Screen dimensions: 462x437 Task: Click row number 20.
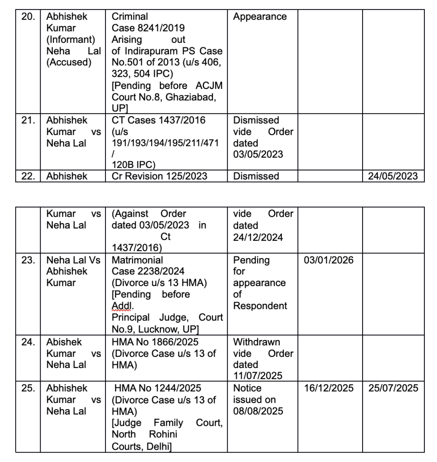[x=28, y=17]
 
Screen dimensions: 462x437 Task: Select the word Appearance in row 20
[x=260, y=17]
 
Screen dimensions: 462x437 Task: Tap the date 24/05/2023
[x=393, y=176]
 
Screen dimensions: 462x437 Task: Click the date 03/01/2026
[x=329, y=260]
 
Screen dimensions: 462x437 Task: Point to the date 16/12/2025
[x=329, y=388]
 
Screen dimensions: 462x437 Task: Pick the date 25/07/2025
[x=393, y=388]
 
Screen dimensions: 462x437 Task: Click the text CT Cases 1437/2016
[x=159, y=120]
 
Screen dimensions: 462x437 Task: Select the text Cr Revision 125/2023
[x=159, y=176]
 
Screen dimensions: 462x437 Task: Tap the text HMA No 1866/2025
[x=155, y=342]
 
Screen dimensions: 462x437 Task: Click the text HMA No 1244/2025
[x=157, y=388]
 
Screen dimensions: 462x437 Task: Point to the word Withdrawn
[x=257, y=342]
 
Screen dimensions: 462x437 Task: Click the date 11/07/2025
[x=258, y=376]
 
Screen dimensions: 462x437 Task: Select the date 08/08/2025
[x=258, y=411]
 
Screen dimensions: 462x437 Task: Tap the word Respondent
[x=260, y=306]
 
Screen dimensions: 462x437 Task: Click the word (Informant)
[x=71, y=40]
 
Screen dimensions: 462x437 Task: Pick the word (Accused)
[x=69, y=63]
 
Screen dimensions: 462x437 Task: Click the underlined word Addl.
[x=123, y=306]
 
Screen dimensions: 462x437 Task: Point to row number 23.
[x=28, y=260]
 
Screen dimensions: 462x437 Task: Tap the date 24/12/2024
[x=258, y=237]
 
